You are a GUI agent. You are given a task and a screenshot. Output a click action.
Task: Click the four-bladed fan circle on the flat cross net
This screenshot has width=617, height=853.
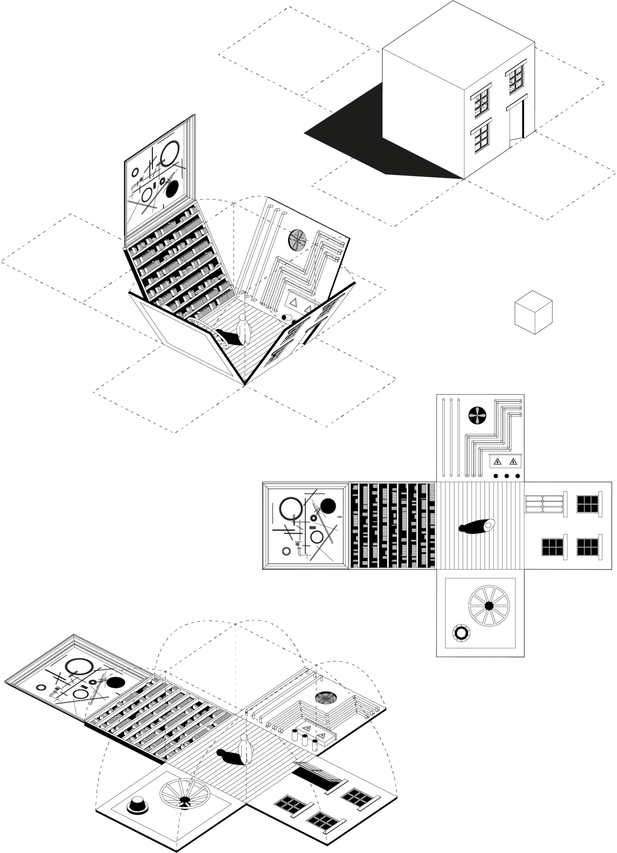[x=477, y=415]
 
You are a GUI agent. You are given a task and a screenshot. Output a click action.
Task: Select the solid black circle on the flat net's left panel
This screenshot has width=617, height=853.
[x=328, y=506]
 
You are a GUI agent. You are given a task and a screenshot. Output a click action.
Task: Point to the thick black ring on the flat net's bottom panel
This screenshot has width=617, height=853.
[x=461, y=633]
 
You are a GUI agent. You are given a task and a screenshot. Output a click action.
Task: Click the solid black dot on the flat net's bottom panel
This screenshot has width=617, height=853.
[x=489, y=606]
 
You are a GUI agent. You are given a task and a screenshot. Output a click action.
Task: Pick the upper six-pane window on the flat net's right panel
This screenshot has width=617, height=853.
[x=587, y=504]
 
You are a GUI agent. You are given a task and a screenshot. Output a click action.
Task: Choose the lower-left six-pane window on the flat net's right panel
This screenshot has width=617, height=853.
[x=552, y=547]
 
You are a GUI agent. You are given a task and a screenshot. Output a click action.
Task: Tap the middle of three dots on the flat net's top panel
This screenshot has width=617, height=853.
[x=507, y=476]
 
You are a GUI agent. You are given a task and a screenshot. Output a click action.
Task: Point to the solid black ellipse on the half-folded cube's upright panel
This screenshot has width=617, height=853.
[x=173, y=189]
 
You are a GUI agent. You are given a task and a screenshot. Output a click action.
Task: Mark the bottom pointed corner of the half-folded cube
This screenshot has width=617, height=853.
[x=245, y=384]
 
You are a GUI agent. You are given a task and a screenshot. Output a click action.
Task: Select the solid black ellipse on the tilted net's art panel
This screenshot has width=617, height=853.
[x=115, y=682]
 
